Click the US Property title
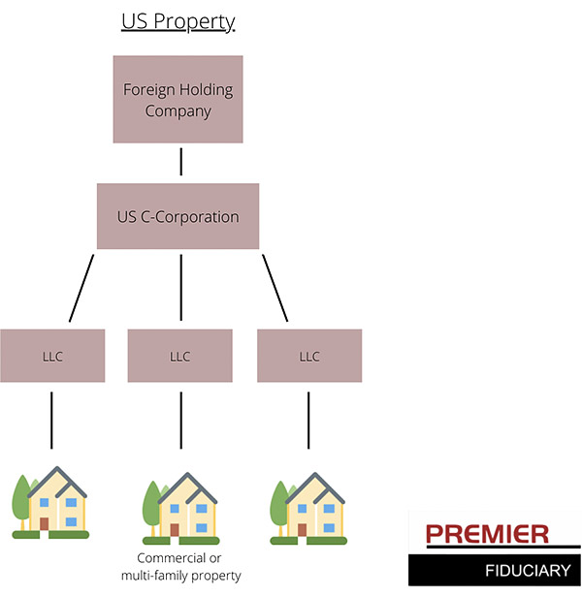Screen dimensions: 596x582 178,21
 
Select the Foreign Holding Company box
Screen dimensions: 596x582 178,100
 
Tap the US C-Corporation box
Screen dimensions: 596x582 178,216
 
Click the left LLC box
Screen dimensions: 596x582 52,356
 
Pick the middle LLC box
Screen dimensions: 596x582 180,356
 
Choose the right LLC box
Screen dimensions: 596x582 308,356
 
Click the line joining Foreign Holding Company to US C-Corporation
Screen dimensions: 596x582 180,162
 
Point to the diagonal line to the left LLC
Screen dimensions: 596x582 81,287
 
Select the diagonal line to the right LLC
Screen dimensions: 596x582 275,287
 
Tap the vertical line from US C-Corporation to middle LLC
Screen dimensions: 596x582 180,287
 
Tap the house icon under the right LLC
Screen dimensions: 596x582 308,506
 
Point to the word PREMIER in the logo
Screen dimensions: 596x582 487,534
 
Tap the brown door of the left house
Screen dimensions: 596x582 45,523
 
